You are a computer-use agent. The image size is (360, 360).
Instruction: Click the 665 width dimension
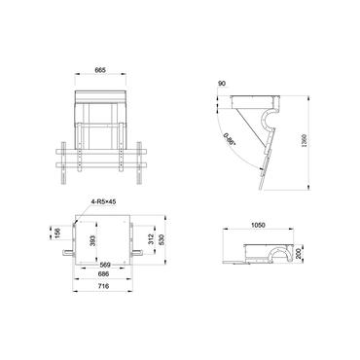pyautogui.click(x=101, y=70)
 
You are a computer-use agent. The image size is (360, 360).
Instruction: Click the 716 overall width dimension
pyautogui.click(x=104, y=290)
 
